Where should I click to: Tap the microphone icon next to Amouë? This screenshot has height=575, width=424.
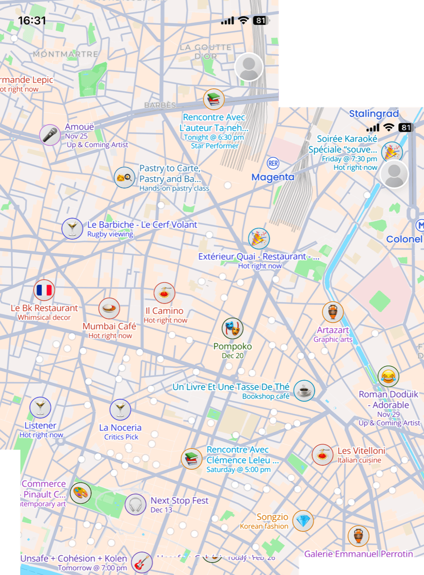click(x=50, y=135)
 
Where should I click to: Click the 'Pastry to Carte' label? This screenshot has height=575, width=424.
click(x=170, y=169)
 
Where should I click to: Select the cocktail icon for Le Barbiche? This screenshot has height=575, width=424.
click(x=72, y=229)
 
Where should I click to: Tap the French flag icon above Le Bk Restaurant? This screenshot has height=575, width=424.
click(x=44, y=290)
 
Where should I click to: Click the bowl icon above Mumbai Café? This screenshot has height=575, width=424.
click(x=109, y=308)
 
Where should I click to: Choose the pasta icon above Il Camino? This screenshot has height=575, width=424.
click(x=164, y=293)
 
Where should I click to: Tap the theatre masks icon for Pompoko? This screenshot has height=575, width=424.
click(x=233, y=328)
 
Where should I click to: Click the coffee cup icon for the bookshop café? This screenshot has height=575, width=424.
click(x=304, y=391)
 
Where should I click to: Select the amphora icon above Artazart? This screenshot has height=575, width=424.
click(x=333, y=312)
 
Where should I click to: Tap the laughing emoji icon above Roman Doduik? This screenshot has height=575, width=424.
click(x=388, y=376)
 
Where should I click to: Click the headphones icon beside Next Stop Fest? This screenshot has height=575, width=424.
click(x=136, y=505)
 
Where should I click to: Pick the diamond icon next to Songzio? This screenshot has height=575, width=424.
click(x=303, y=521)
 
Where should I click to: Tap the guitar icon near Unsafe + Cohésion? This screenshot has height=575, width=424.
click(x=142, y=563)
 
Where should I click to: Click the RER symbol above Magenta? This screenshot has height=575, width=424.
click(x=273, y=163)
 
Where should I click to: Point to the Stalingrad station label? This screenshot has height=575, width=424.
click(x=374, y=114)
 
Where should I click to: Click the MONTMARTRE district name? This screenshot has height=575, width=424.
click(x=65, y=54)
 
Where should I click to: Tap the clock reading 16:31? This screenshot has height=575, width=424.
click(x=32, y=20)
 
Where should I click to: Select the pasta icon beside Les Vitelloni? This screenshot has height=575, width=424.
click(x=322, y=455)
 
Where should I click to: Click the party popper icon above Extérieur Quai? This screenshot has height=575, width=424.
click(x=259, y=239)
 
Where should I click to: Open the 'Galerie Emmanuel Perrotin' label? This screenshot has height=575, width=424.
click(x=359, y=553)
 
